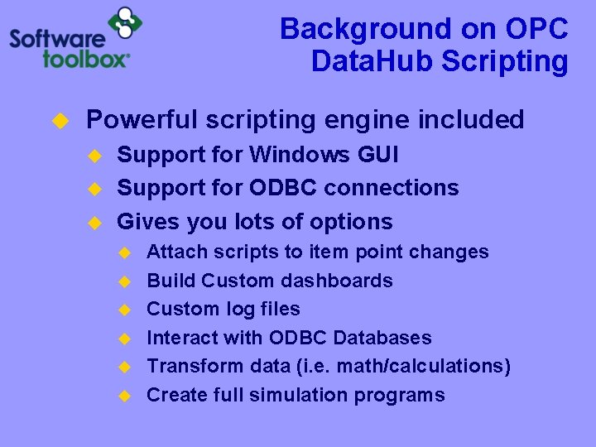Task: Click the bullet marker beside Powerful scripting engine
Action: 59,122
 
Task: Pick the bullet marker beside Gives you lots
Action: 94,223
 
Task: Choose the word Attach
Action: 171,252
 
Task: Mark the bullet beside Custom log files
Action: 124,310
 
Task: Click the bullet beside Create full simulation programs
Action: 124,396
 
